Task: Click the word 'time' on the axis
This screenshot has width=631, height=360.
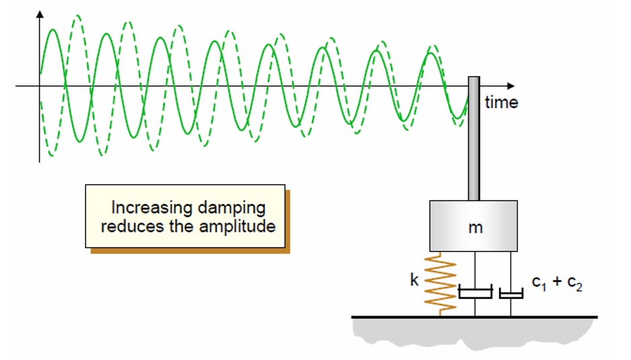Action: (x=501, y=102)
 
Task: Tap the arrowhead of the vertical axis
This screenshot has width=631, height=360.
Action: (x=40, y=14)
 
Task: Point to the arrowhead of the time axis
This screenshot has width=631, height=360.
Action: (x=511, y=86)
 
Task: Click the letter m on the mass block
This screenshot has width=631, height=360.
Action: (x=475, y=228)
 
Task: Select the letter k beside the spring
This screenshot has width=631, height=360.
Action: (x=415, y=279)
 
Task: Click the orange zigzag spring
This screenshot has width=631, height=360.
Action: (x=440, y=284)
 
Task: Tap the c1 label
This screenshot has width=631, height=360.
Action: (x=539, y=283)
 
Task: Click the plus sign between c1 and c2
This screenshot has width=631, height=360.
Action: (x=557, y=281)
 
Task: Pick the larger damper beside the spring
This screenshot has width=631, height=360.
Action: (x=475, y=291)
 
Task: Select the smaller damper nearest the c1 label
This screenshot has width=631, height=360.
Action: (x=511, y=293)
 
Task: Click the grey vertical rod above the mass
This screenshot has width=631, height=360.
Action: (x=473, y=139)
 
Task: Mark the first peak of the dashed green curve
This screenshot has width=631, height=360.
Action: (x=77, y=16)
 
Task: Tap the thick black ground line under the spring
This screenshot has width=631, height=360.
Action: (x=475, y=317)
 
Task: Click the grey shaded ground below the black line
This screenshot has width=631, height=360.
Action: (x=474, y=332)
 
